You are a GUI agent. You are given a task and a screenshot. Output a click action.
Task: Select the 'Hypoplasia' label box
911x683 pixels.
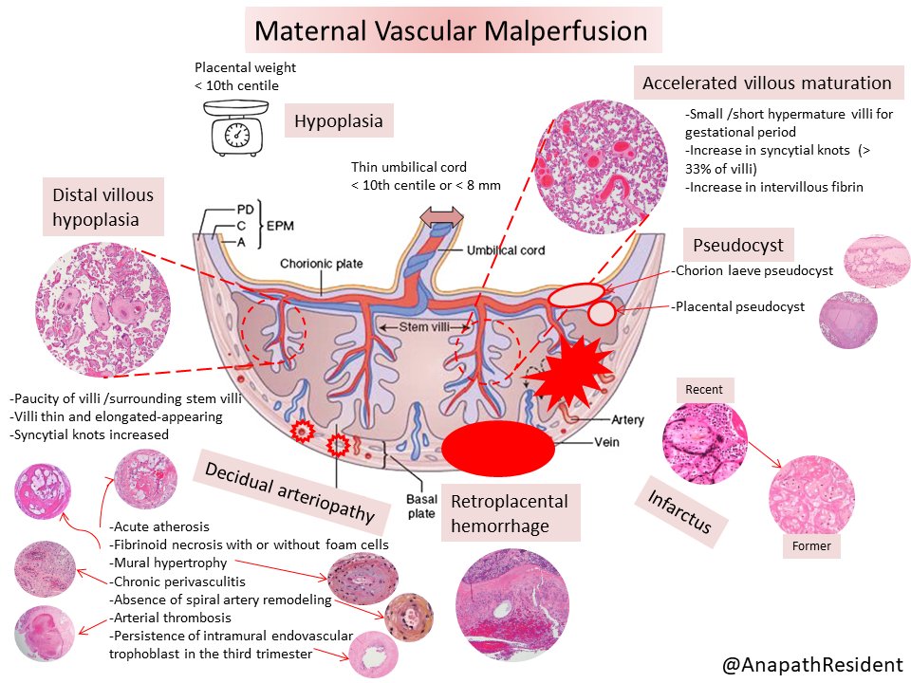point(340,120)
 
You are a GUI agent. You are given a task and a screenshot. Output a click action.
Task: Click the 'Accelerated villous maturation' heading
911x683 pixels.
point(767,83)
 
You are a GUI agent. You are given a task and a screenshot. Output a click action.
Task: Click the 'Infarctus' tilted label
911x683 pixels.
point(679,517)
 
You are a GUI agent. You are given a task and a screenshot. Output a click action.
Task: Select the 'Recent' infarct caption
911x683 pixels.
point(703,389)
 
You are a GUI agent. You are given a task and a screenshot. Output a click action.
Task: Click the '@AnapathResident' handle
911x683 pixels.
point(812,665)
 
